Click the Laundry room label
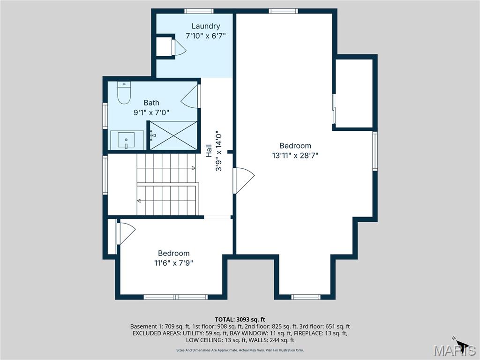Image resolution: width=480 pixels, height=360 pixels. coord(206,26)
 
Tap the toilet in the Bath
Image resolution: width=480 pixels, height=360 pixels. coord(124,93)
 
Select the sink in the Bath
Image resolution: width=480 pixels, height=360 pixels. coord(127,140)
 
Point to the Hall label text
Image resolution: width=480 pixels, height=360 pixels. coord(209,151)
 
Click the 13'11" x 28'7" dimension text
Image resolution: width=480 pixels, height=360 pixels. coord(295,156)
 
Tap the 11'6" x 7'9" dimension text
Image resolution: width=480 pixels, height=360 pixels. coord(173,263)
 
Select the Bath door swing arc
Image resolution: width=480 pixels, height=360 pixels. coord(190,96)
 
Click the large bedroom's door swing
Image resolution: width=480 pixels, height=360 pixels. coord(244,180)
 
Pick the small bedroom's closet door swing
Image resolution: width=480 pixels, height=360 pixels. coord(127,233)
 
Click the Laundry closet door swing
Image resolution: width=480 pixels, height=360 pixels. coord(179,47)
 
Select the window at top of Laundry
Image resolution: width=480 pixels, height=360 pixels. coord(199,11)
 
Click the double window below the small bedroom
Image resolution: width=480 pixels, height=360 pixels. coord(176,297)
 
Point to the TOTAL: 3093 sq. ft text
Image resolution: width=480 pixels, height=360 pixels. coord(240,320)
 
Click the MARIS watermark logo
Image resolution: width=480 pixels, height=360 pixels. coord(455,350)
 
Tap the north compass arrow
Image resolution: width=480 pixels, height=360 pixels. coord(461,343)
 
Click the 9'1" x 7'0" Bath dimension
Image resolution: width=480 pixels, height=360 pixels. coord(151,112)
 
